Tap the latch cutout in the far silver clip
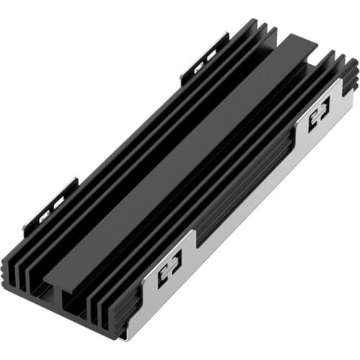click(x=318, y=114)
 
